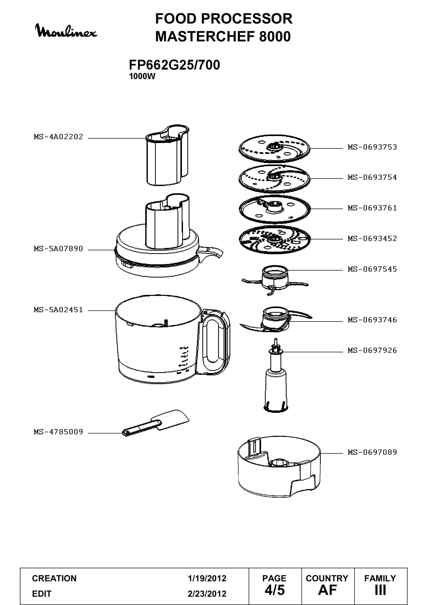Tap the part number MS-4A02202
coord(58,137)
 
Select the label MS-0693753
coord(372,147)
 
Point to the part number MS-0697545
coord(372,269)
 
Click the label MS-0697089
coord(372,452)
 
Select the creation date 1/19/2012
coord(207,578)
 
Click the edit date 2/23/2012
coord(207,594)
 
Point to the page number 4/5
coord(275,590)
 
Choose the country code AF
coord(327,590)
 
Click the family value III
coord(380,590)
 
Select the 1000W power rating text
coord(142,76)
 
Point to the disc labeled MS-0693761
coord(275,209)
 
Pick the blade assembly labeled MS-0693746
coord(276,319)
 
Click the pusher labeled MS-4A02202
coord(167,155)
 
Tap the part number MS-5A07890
coord(58,249)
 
